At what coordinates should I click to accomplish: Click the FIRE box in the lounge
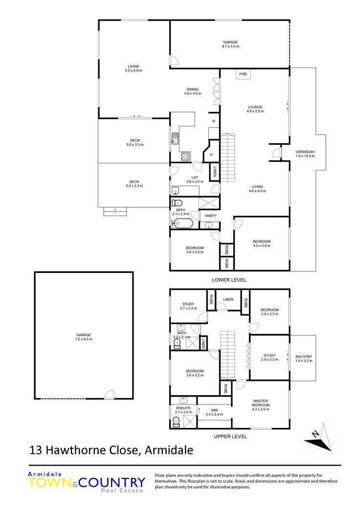(x=243, y=74)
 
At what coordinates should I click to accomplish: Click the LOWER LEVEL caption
(x=229, y=280)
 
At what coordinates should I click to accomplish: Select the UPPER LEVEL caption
(x=230, y=437)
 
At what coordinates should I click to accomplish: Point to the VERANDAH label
(x=305, y=152)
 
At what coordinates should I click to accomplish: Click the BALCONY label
(x=304, y=357)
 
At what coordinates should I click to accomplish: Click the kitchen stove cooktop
(x=185, y=157)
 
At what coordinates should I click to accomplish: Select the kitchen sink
(x=175, y=138)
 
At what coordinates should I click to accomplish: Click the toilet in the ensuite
(x=176, y=421)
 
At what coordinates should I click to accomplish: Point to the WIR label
(x=214, y=410)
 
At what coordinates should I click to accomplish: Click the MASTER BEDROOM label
(x=261, y=403)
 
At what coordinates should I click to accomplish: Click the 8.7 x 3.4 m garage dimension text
(x=230, y=46)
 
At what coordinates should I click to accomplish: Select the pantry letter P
(x=211, y=155)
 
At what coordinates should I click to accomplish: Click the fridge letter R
(x=214, y=121)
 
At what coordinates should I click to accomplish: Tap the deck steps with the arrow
(x=114, y=211)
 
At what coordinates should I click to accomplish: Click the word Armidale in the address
(x=169, y=450)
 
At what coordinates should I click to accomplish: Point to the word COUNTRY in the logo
(x=112, y=483)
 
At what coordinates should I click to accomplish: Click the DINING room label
(x=193, y=89)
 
